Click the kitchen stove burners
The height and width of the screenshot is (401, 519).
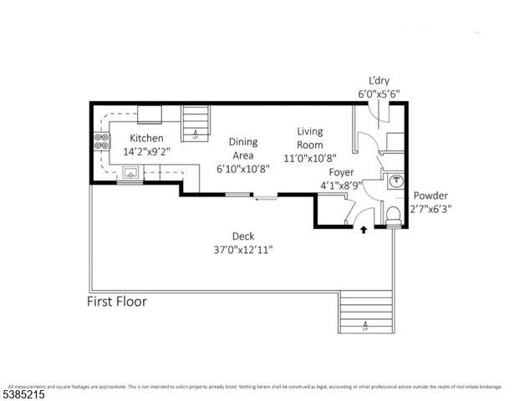(102, 142)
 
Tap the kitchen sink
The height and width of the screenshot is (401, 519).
(130, 173)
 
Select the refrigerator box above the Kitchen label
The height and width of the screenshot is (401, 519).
(150, 114)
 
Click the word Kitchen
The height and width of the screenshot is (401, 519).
(147, 138)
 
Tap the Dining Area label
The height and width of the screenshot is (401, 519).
(243, 148)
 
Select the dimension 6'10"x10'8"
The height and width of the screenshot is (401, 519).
(243, 168)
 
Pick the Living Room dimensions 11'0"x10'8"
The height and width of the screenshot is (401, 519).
(311, 157)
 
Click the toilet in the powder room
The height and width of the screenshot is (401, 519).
(394, 215)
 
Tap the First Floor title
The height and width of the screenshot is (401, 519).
(117, 301)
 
